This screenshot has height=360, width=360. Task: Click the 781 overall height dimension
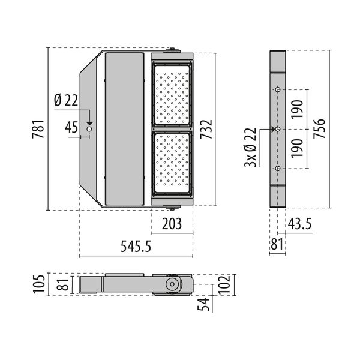(38, 128)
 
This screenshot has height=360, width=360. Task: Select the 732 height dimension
(206, 129)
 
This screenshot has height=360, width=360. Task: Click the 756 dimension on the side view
(319, 129)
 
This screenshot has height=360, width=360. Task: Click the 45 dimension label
(71, 127)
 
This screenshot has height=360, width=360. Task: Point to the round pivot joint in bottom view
(172, 284)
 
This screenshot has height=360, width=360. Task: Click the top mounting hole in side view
(278, 89)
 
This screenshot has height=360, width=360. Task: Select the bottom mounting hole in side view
(278, 169)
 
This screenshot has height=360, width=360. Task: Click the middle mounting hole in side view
(278, 129)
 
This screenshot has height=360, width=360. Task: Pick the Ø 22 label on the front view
(66, 101)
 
